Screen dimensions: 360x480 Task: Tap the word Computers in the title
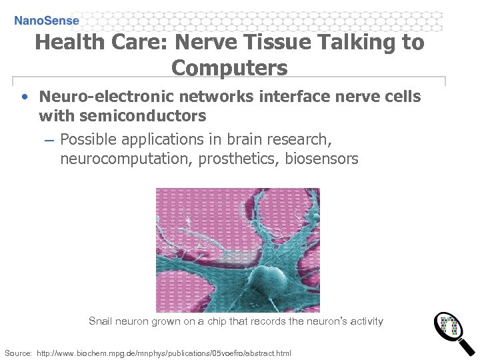tap(229, 67)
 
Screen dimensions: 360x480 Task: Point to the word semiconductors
tap(122, 116)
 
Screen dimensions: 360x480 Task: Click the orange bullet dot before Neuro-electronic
tap(24, 97)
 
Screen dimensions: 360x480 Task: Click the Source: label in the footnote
tap(18, 352)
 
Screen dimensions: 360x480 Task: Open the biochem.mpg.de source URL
tap(163, 352)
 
